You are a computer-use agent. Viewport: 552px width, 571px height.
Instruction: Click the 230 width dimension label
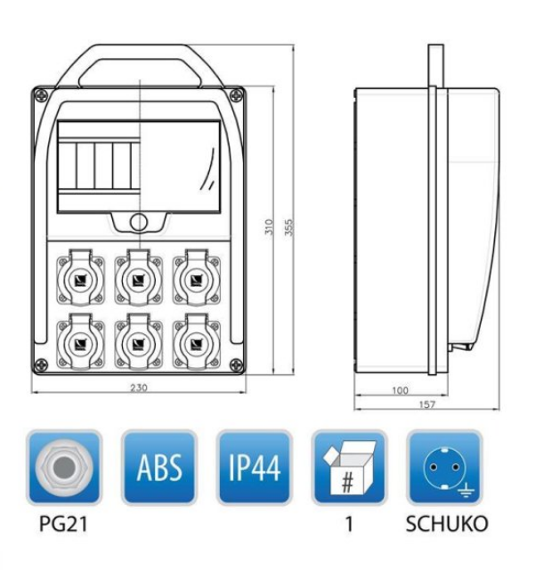click(139, 387)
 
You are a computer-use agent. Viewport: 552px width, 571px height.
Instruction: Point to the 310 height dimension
click(269, 227)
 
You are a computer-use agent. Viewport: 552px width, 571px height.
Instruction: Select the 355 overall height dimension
click(288, 227)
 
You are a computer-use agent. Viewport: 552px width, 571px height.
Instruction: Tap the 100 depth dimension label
click(400, 390)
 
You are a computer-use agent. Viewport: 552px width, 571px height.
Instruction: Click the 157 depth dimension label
click(426, 404)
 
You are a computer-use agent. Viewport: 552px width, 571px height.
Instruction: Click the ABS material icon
click(159, 468)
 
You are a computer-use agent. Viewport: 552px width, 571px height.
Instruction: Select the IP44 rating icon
click(255, 468)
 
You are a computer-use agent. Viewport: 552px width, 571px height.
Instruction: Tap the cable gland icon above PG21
click(64, 468)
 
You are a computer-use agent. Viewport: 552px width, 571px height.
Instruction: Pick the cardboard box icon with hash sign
click(349, 468)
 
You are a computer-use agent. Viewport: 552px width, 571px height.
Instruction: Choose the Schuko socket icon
click(444, 468)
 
